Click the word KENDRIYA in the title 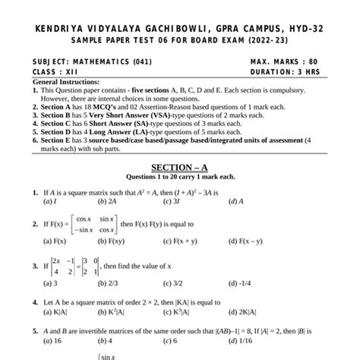click(x=60, y=28)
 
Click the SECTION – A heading click(x=180, y=166)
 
